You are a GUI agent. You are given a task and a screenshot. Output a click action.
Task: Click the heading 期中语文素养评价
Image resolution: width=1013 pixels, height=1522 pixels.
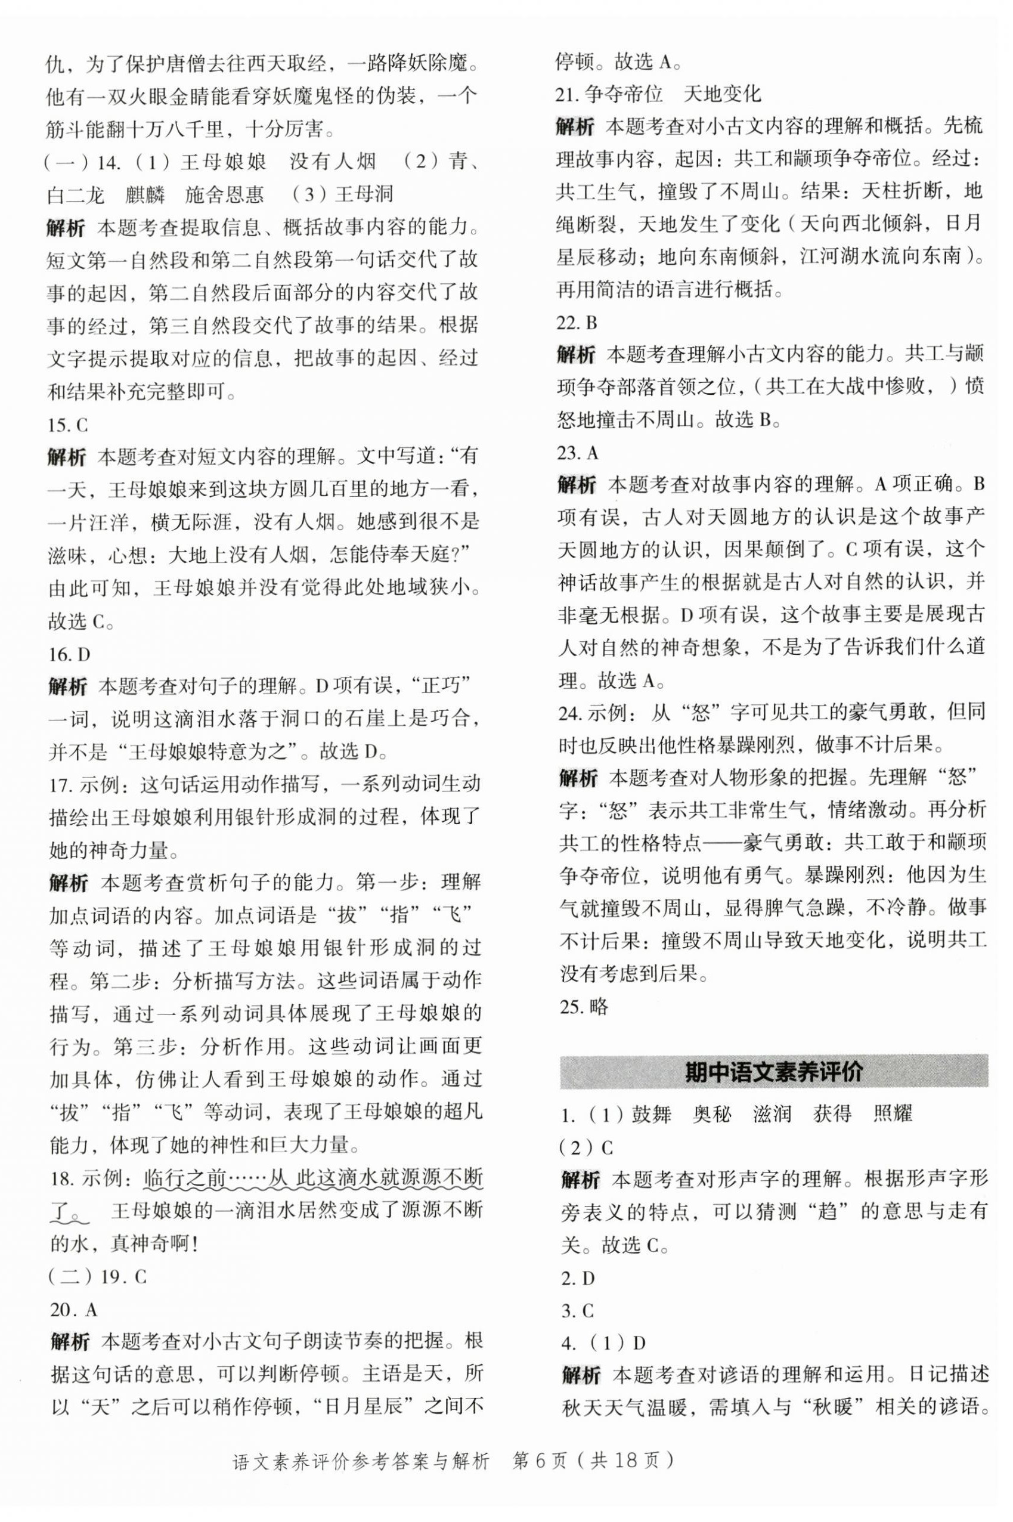[x=773, y=1072]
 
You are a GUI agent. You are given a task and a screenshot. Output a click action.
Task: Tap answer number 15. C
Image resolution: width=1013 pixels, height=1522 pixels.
[x=68, y=425]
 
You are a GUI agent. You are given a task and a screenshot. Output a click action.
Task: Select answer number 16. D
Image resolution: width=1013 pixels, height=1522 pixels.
[x=69, y=654]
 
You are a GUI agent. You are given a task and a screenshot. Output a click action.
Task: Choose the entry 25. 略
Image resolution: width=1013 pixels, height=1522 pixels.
[x=583, y=1006]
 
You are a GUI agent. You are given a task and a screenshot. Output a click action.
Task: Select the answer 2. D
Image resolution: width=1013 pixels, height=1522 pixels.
[x=578, y=1278]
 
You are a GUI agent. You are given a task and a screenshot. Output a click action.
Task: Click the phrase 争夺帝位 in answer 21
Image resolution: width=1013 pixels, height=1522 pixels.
[x=624, y=94]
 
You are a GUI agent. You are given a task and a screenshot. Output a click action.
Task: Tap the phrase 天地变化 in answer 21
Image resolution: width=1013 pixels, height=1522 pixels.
[x=722, y=94]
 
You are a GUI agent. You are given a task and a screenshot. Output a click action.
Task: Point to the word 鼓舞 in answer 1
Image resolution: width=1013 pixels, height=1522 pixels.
[x=652, y=1114]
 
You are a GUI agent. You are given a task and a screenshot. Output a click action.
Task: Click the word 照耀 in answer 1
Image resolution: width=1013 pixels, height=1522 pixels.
[x=892, y=1114]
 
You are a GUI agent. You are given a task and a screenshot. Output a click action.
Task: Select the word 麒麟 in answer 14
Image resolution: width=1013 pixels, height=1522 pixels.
[x=145, y=194]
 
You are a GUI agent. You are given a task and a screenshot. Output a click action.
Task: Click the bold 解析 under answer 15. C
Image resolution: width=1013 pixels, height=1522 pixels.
[x=67, y=457]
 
